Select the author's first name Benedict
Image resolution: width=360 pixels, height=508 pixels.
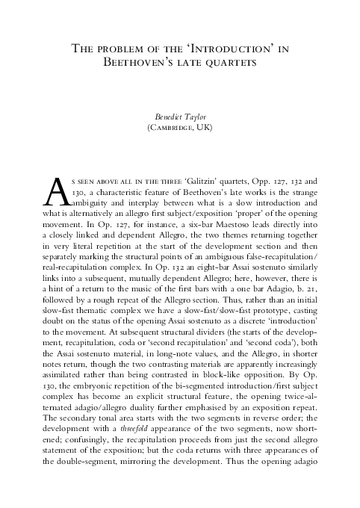[167, 117]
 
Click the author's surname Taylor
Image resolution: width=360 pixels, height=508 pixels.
[196, 117]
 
